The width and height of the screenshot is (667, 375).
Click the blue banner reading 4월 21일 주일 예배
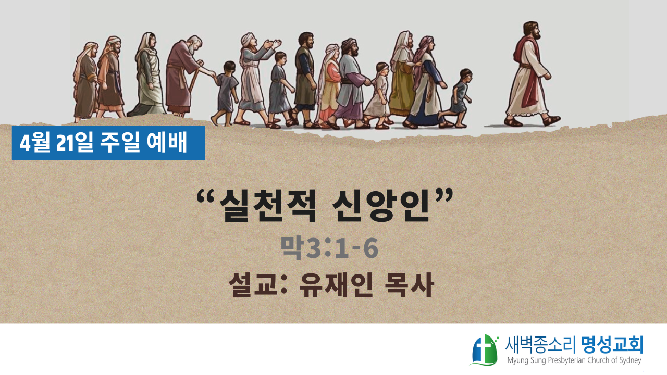[108, 143]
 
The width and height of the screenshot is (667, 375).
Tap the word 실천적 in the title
[267, 206]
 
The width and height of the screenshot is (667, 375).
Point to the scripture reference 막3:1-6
[329, 247]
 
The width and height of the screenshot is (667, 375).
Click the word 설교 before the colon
[253, 285]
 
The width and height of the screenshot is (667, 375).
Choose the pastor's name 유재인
[336, 285]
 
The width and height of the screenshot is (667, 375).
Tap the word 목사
[410, 285]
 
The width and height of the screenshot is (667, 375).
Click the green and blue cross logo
[485, 349]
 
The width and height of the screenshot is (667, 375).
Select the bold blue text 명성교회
[612, 345]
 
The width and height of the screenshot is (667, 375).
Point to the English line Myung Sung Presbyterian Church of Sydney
[574, 360]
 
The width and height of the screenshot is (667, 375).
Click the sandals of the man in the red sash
[533, 121]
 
